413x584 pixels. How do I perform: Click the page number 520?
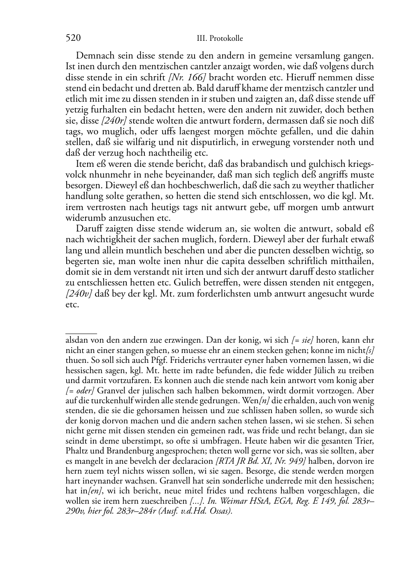coord(73,38)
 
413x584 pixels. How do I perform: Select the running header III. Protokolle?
coord(220,39)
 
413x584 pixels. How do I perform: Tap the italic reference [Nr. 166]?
coord(188,77)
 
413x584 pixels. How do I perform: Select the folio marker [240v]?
coord(79,294)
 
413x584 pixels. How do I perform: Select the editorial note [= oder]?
coord(80,390)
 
